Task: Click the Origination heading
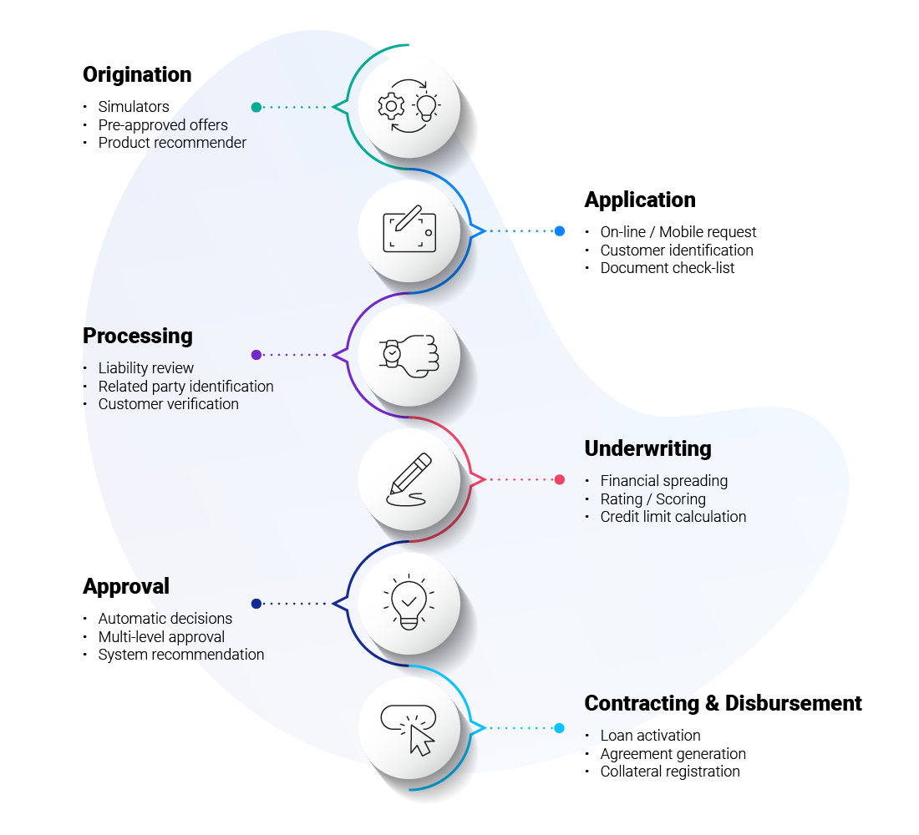pyautogui.click(x=137, y=75)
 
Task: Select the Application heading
pyautogui.click(x=640, y=200)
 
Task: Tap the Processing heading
pyautogui.click(x=138, y=336)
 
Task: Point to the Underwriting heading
pyautogui.click(x=647, y=449)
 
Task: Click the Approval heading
pyautogui.click(x=126, y=587)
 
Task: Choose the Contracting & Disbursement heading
pyautogui.click(x=723, y=703)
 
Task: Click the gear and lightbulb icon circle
pyautogui.click(x=409, y=107)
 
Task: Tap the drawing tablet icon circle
pyautogui.click(x=409, y=231)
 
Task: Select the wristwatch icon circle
pyautogui.click(x=409, y=355)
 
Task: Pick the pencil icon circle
pyautogui.click(x=409, y=479)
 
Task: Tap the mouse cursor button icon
pyautogui.click(x=409, y=728)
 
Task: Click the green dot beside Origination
pyautogui.click(x=256, y=107)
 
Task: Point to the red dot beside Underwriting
pyautogui.click(x=560, y=479)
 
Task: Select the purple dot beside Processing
pyautogui.click(x=256, y=355)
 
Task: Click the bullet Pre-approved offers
pyautogui.click(x=163, y=125)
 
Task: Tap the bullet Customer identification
pyautogui.click(x=677, y=250)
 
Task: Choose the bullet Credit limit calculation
pyautogui.click(x=673, y=517)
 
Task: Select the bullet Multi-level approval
pyautogui.click(x=161, y=637)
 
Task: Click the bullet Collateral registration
pyautogui.click(x=670, y=772)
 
